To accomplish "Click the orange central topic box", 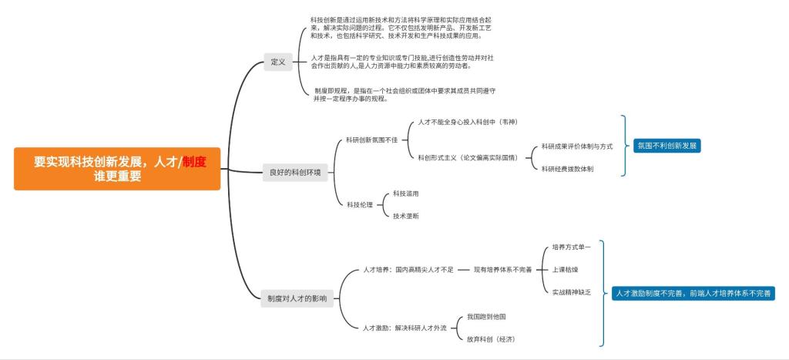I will tap(116, 169).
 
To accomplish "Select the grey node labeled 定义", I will tap(278, 62).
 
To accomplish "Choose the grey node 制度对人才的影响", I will tap(297, 298).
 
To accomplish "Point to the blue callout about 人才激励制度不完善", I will tap(693, 294).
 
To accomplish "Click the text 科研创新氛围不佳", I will tap(372, 140).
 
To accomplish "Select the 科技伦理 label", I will tap(359, 204).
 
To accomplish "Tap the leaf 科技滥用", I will tap(406, 193).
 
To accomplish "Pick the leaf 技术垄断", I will tap(406, 217).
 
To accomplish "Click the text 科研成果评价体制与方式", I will tap(577, 146).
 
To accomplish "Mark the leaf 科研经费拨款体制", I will tap(568, 169).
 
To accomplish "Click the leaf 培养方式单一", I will tap(572, 247).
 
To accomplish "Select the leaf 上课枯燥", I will tap(565, 270).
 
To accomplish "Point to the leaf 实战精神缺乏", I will tap(572, 292).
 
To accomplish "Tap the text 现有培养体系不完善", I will tap(502, 270).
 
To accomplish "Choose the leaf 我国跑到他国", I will tap(486, 316).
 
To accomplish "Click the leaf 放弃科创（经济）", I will tap(491, 338).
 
